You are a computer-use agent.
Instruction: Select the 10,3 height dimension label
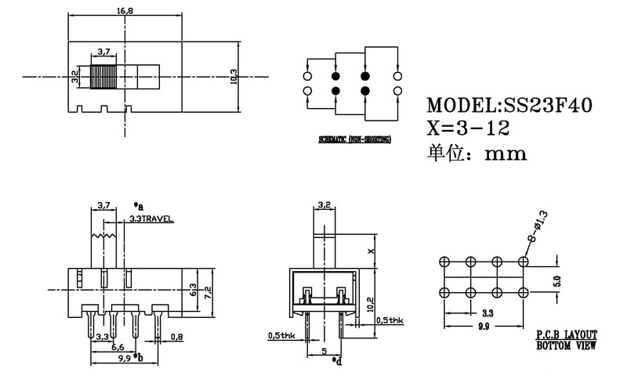click(234, 77)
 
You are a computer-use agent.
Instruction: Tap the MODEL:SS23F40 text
click(509, 106)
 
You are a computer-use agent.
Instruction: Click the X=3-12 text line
click(468, 128)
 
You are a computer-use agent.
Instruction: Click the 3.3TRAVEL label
click(151, 219)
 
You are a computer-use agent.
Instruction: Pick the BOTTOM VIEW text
click(566, 343)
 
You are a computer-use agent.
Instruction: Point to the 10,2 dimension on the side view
click(368, 301)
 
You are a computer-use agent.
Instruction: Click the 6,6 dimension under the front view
click(117, 347)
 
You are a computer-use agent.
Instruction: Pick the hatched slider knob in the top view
click(103, 77)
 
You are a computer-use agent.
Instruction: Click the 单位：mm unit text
click(475, 154)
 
